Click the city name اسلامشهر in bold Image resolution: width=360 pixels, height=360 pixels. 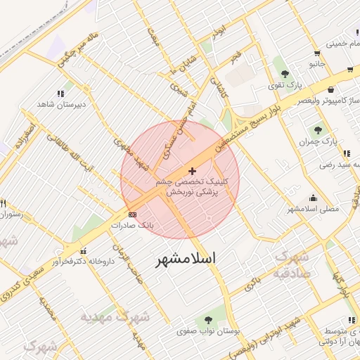coord(185,259)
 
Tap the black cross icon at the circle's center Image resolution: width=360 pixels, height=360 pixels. coord(193,171)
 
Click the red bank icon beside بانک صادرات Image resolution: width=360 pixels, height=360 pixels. coord(132,214)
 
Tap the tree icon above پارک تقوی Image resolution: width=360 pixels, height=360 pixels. coord(285,74)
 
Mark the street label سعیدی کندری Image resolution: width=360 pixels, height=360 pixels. coord(22,284)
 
